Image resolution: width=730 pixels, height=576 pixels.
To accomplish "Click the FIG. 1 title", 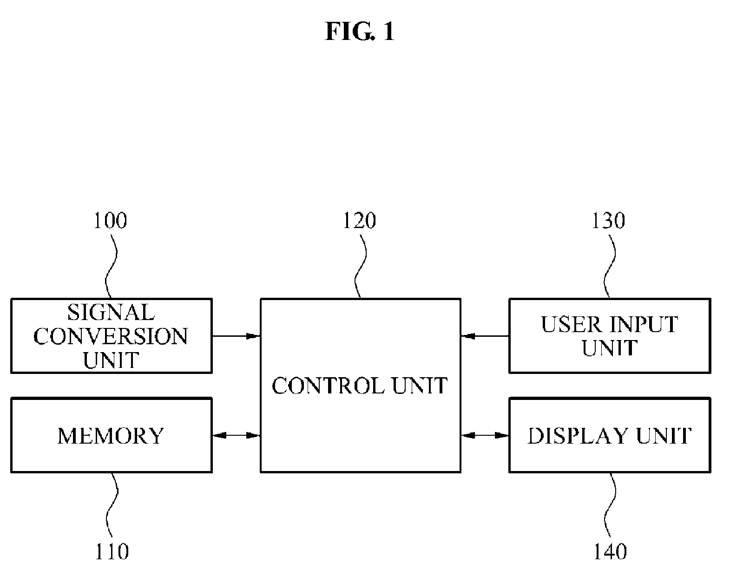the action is (360, 31).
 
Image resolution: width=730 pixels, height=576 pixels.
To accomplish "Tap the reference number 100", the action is (110, 221).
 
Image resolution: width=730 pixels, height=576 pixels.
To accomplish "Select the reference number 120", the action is (360, 221).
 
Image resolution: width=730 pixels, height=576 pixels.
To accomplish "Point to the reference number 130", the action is (608, 221).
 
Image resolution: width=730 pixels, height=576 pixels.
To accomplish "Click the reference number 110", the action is (112, 552).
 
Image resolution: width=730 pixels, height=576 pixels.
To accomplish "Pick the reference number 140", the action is (610, 552).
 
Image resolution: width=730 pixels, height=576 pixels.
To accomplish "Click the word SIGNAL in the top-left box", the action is (111, 313).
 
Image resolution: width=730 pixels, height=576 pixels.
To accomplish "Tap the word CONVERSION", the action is (111, 336).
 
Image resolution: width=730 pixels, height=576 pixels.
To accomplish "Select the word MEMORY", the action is (111, 436).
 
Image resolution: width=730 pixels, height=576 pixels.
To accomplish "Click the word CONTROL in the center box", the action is (329, 386).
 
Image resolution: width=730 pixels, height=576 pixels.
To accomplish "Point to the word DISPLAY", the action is (577, 436).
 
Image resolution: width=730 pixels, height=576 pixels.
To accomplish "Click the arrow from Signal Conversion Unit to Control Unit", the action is (236, 336).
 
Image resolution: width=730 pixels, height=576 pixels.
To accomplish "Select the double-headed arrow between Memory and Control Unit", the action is (236, 435).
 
